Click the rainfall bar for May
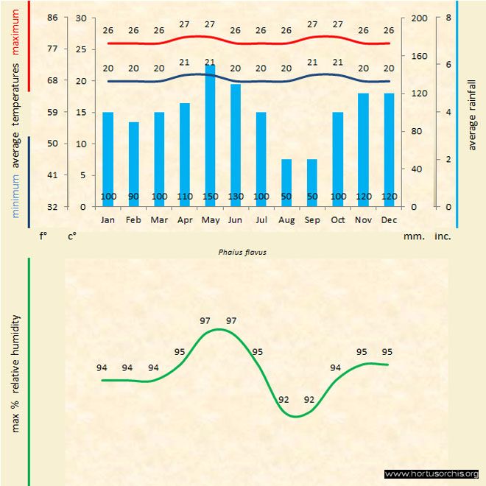point(210,133)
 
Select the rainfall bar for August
point(286,180)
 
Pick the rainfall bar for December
point(389,147)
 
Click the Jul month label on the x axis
point(261,219)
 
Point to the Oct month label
point(338,219)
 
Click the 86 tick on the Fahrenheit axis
point(53,18)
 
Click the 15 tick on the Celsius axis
point(80,112)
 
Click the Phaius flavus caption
point(242,251)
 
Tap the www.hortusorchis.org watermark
point(432,473)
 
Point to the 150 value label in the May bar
point(210,197)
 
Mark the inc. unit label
point(442,236)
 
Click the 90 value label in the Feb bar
point(133,197)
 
